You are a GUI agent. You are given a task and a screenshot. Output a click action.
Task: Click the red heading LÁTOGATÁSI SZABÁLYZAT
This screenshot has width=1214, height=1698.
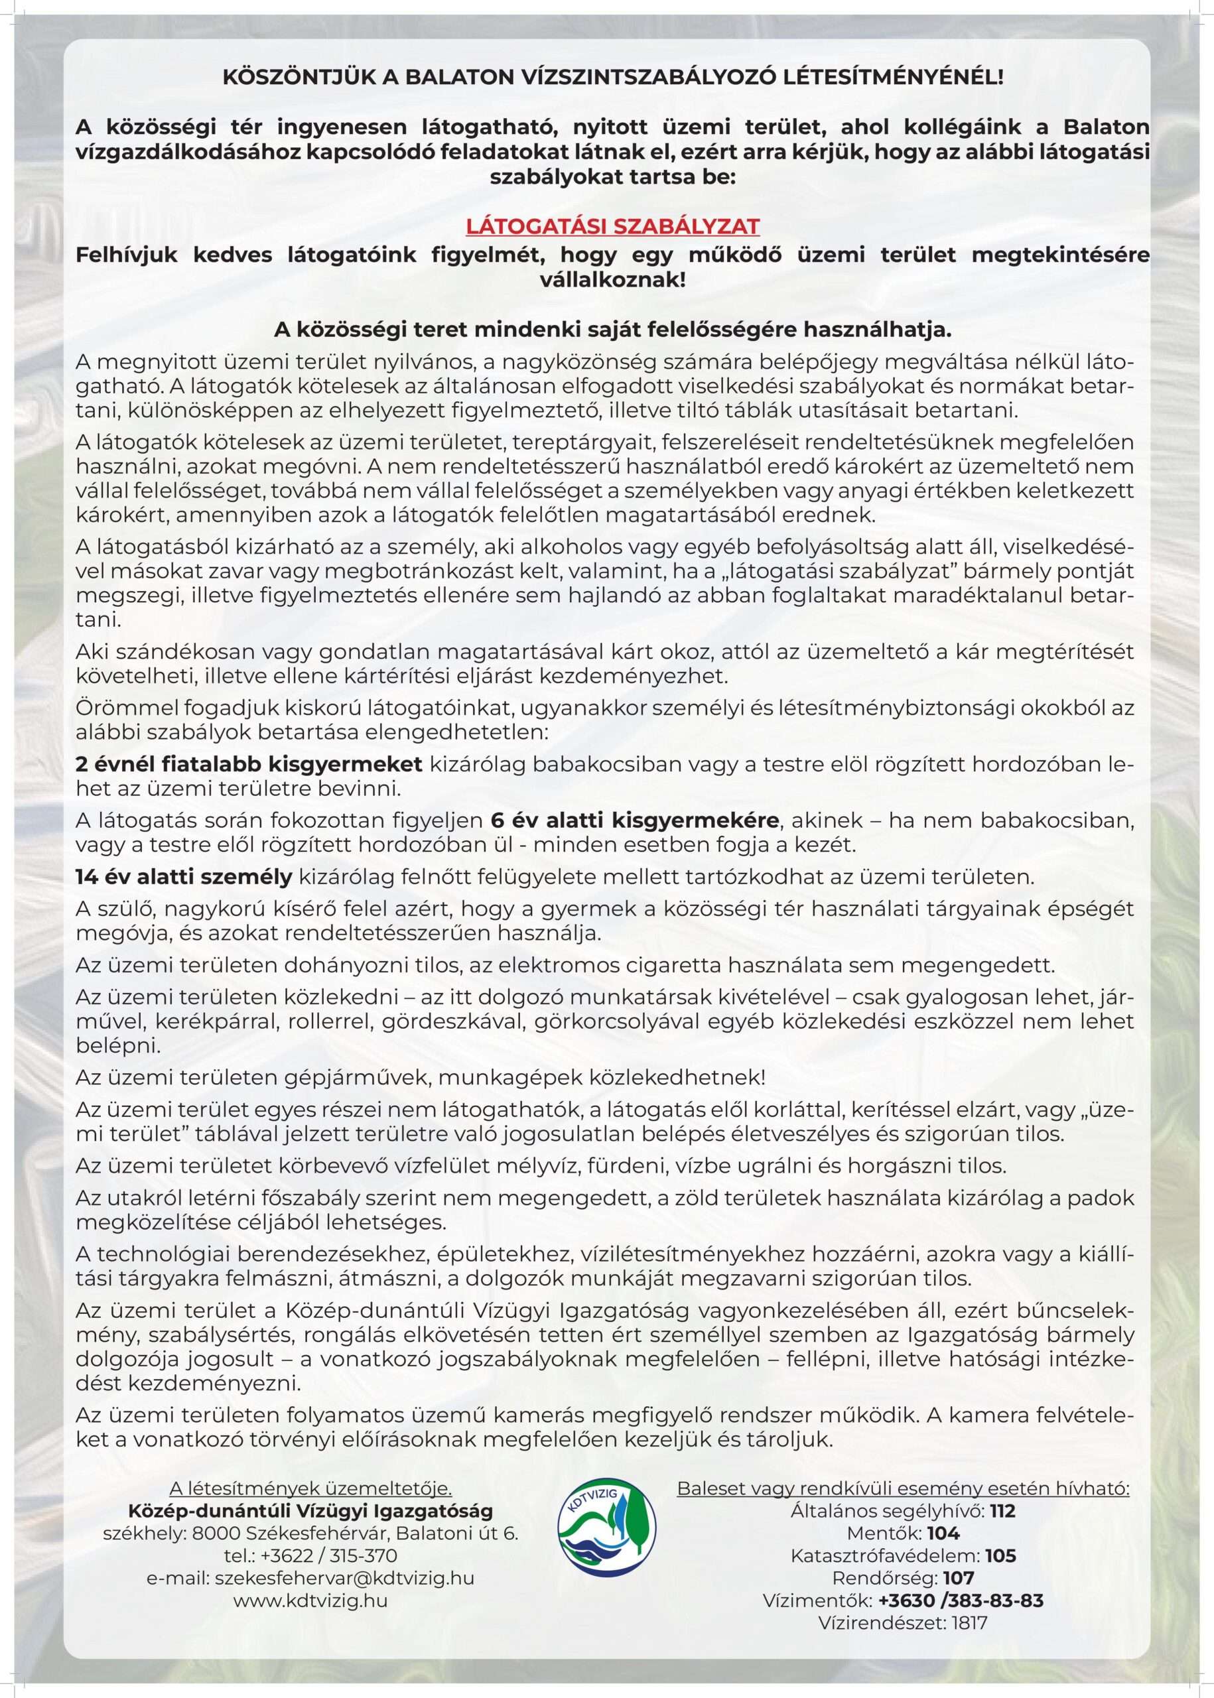(x=612, y=226)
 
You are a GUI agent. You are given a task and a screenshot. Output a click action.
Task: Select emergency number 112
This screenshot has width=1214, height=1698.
(x=1003, y=1511)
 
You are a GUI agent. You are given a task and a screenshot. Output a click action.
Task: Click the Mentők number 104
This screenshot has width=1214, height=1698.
(x=943, y=1534)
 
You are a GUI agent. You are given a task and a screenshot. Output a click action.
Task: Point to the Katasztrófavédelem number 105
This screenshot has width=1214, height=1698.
(x=1000, y=1556)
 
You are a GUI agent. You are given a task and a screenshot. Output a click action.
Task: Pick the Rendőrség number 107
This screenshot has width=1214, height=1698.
(x=959, y=1579)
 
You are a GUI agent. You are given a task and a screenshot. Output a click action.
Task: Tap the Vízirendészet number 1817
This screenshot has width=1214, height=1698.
(x=969, y=1623)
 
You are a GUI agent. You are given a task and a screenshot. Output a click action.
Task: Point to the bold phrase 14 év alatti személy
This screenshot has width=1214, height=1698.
(x=184, y=877)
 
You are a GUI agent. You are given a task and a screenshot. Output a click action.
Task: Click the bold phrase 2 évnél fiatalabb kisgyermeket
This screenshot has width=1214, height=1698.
(x=249, y=764)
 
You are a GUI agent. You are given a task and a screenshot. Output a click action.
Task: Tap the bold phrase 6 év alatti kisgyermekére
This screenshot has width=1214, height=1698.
(x=635, y=820)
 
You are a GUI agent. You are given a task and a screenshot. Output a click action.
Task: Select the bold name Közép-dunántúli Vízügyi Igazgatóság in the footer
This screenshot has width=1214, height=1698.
(x=310, y=1510)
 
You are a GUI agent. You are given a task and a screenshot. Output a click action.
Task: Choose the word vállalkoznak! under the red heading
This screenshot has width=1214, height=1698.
(x=612, y=281)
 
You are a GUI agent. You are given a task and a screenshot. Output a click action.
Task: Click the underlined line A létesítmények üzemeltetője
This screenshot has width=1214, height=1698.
(x=310, y=1488)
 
